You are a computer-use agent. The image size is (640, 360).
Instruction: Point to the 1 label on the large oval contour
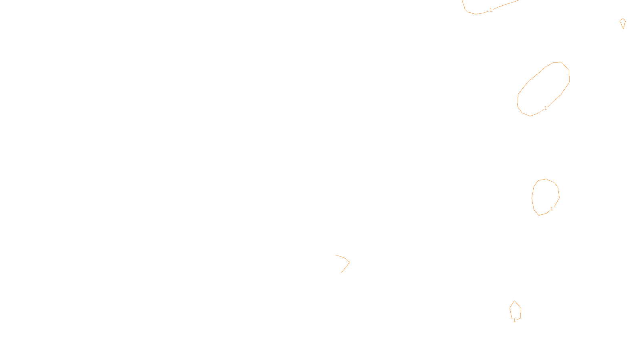(546, 108)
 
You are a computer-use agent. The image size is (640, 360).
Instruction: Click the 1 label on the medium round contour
(552, 209)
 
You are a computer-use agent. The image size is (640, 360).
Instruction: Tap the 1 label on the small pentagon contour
(514, 320)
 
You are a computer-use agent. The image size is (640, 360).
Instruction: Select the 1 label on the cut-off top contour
(491, 10)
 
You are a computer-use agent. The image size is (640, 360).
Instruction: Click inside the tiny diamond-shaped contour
(622, 22)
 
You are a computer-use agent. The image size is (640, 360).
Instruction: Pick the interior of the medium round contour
(545, 197)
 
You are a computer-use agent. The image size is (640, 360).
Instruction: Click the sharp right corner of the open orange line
(350, 262)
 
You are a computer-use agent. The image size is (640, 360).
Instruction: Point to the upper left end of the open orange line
(336, 255)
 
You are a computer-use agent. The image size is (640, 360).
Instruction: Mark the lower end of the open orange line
(341, 273)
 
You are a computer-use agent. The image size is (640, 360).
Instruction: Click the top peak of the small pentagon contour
(514, 301)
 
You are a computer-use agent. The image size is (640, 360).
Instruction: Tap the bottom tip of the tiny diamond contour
(623, 28)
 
